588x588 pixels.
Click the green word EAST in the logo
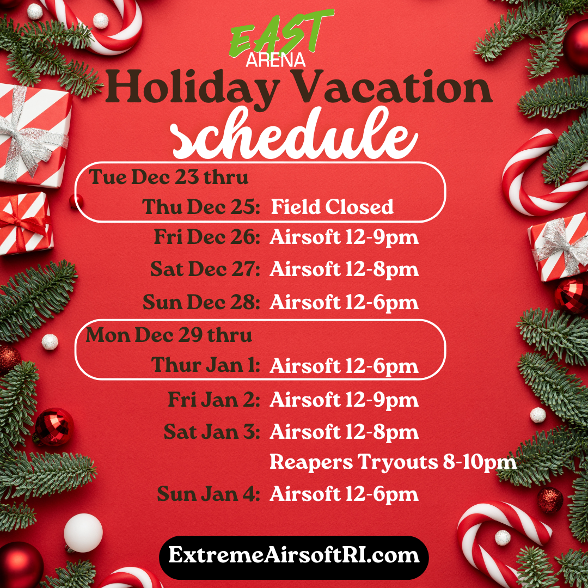pyautogui.click(x=281, y=35)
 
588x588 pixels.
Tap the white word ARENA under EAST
pyautogui.click(x=275, y=60)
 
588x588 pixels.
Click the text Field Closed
pyautogui.click(x=332, y=207)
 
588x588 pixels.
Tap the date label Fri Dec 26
pyautogui.click(x=207, y=237)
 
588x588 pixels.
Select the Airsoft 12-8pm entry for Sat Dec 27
pyautogui.click(x=344, y=270)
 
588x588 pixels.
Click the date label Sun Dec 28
pyautogui.click(x=201, y=302)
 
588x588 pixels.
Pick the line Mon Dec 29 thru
pyautogui.click(x=169, y=334)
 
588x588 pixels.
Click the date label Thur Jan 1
pyautogui.click(x=205, y=365)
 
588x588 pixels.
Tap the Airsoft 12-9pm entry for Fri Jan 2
pyautogui.click(x=344, y=400)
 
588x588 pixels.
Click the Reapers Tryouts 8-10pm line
pyautogui.click(x=393, y=462)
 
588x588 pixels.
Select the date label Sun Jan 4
pyautogui.click(x=209, y=494)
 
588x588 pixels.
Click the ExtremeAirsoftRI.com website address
pyautogui.click(x=294, y=555)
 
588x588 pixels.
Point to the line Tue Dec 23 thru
pyautogui.click(x=168, y=177)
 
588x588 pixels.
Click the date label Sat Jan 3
pyautogui.click(x=212, y=432)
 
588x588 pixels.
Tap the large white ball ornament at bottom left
pyautogui.click(x=83, y=533)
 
